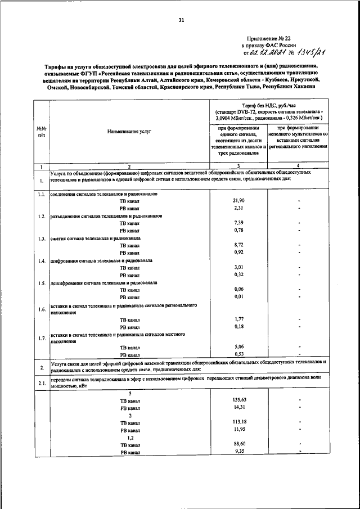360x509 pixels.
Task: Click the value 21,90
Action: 238,200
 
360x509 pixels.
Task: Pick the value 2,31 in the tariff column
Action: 238,208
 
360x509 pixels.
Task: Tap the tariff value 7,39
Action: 238,223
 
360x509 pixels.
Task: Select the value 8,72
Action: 238,245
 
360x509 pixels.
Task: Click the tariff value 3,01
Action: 238,267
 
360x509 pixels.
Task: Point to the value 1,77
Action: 238,319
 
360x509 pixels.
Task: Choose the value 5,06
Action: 238,347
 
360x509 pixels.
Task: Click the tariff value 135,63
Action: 238,400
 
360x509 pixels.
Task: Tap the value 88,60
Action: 238,444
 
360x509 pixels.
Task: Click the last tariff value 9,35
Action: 238,451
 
